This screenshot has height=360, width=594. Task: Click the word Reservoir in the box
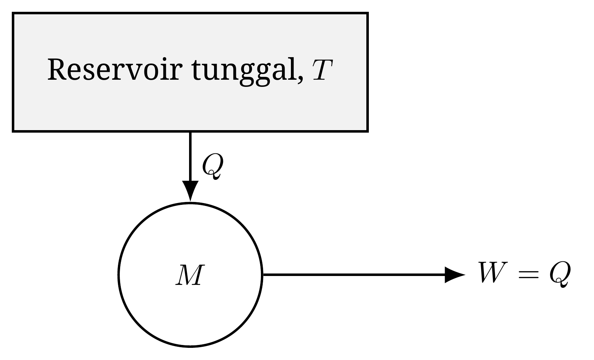tap(115, 69)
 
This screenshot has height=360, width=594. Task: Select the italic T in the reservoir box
tap(322, 70)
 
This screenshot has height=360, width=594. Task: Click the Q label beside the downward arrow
tap(213, 166)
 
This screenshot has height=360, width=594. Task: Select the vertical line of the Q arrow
tap(190, 157)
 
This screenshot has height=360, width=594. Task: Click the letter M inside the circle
tap(190, 275)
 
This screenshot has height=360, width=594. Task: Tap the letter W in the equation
tap(493, 272)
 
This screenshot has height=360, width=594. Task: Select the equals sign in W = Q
tap(529, 274)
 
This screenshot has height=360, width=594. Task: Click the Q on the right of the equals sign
tap(560, 274)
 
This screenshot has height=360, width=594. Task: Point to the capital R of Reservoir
tap(57, 69)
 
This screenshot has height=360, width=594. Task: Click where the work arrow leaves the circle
tap(263, 275)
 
